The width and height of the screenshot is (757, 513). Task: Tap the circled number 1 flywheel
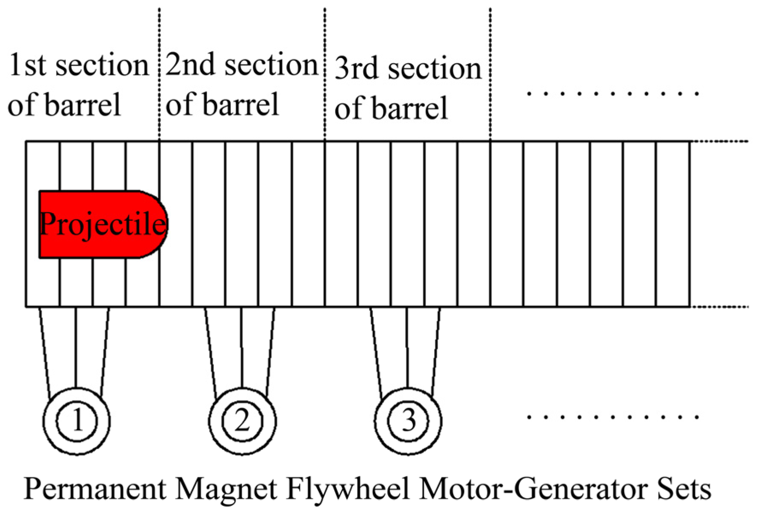[x=77, y=421]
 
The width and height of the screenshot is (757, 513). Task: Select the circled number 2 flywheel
[x=242, y=421]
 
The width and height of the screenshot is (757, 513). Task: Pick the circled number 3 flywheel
[x=408, y=421]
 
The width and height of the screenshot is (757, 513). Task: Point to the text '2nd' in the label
[x=190, y=65]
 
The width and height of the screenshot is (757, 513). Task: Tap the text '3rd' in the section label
[x=356, y=68]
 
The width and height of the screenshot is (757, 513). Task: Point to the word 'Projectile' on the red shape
[x=103, y=224]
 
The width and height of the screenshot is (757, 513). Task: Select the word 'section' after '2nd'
[x=271, y=65]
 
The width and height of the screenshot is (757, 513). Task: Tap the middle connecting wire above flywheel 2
[x=242, y=346]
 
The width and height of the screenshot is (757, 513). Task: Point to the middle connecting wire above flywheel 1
[x=76, y=346]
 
